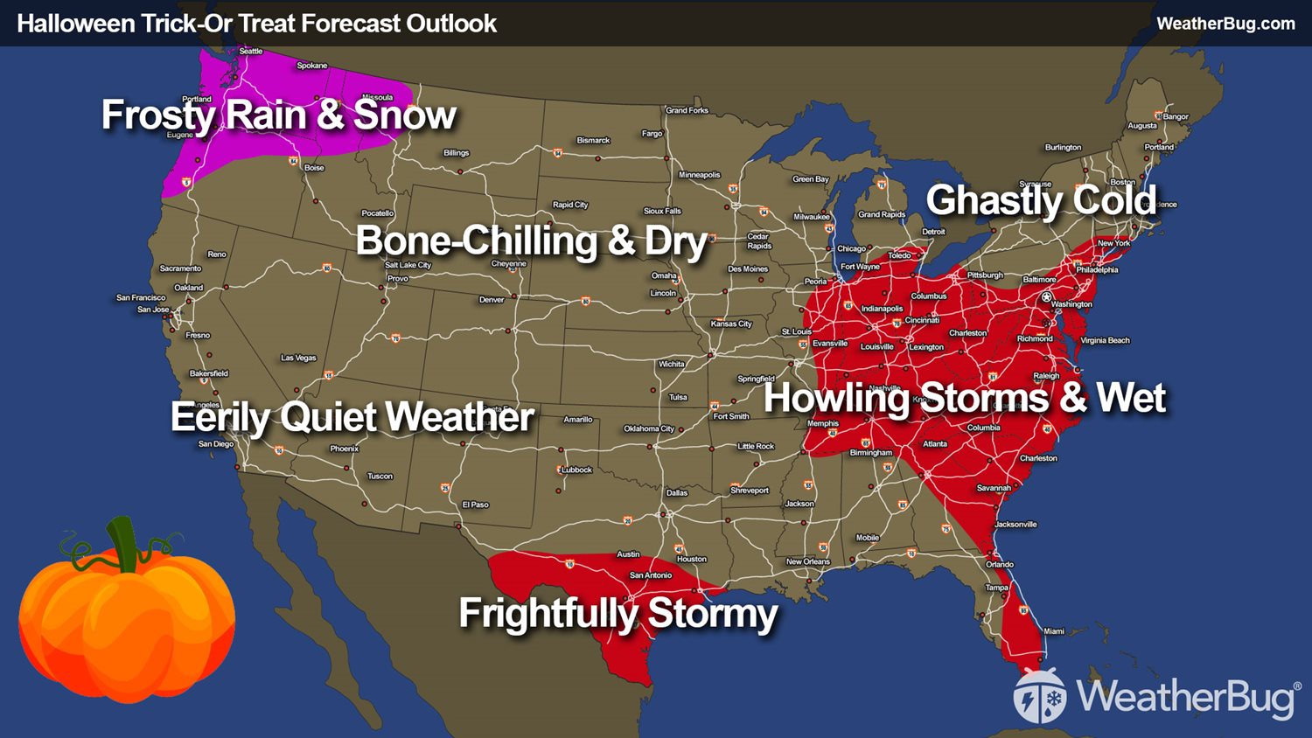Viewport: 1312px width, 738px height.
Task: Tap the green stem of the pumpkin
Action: pos(122,542)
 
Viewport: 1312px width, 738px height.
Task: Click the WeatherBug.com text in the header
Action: pos(1225,24)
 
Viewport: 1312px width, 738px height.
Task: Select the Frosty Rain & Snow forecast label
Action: pos(278,115)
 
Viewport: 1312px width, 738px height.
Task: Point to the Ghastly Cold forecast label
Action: pos(1041,200)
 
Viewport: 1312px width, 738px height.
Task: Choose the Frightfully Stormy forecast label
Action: pos(618,613)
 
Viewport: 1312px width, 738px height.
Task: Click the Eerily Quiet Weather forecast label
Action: pos(352,417)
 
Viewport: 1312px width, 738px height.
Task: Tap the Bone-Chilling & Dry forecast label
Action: pos(531,241)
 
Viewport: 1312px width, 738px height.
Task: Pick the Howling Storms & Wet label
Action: pos(964,398)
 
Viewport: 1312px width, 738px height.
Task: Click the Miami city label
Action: pos(1054,631)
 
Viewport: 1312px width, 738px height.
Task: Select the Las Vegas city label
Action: pos(298,358)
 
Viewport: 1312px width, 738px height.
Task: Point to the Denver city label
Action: pos(492,300)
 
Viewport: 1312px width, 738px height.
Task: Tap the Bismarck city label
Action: pos(593,141)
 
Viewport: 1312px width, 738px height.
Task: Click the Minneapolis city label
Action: pos(699,175)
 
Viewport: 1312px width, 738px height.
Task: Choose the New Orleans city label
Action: pos(807,561)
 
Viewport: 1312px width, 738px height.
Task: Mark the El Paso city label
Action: pos(476,505)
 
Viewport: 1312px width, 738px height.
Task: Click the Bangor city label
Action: pos(1176,116)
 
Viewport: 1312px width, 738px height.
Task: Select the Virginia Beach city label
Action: pos(1105,340)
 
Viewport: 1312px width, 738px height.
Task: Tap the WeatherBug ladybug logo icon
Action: pos(1039,696)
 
